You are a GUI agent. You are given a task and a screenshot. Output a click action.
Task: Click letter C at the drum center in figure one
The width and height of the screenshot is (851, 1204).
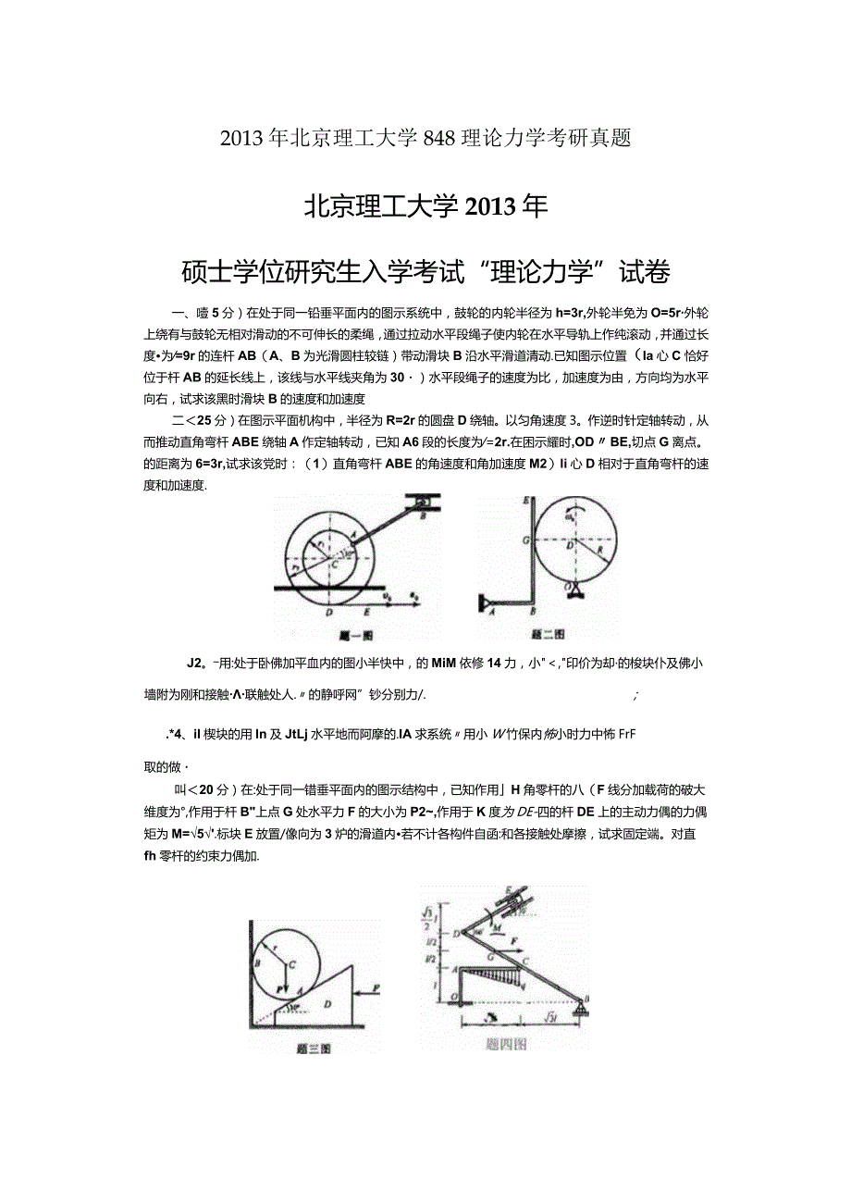click(334, 565)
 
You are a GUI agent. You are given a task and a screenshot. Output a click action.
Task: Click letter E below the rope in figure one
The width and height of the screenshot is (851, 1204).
click(367, 612)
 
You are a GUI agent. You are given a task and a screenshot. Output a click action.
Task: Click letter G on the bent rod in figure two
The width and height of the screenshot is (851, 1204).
click(525, 540)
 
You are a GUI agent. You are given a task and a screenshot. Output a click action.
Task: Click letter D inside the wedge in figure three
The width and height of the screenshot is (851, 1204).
click(327, 1004)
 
